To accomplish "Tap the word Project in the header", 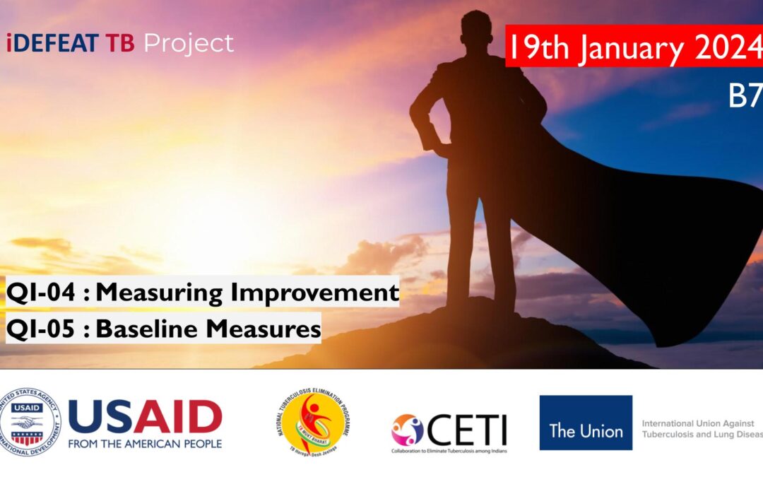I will [x=189, y=44].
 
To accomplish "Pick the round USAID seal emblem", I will [x=30, y=422].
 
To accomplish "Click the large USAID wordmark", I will [x=145, y=416].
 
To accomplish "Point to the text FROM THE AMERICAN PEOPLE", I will [x=145, y=444].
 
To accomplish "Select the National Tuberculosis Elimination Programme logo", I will [x=313, y=422].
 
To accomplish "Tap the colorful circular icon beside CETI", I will [x=408, y=430].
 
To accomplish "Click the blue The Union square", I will [x=586, y=423].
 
